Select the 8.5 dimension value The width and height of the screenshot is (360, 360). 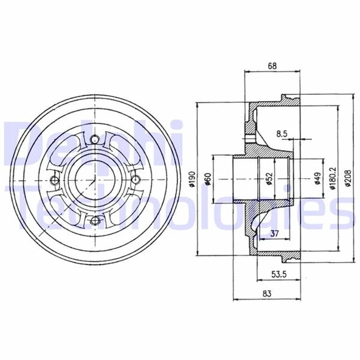click(282, 133)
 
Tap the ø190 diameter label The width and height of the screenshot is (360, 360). click(192, 179)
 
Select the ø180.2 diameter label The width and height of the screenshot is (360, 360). click(331, 179)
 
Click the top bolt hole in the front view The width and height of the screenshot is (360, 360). click(94, 141)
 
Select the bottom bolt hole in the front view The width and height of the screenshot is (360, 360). click(94, 221)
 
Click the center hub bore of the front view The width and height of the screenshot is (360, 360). click(94, 181)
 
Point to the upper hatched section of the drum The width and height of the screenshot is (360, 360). click(252, 131)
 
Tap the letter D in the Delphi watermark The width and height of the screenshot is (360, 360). click(17, 143)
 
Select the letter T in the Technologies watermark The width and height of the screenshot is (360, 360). click(15, 204)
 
